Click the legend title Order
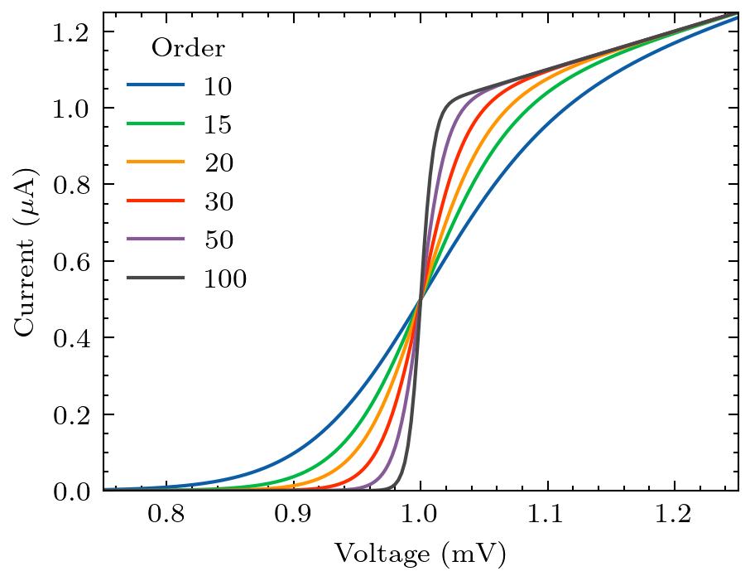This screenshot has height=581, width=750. point(188,49)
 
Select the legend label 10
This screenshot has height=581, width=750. point(219,86)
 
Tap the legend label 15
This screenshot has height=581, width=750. point(219,125)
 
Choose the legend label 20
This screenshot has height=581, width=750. point(219,163)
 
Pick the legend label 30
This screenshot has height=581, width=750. point(219,202)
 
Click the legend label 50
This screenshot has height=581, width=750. point(219,240)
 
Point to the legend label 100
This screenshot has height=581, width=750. point(225,279)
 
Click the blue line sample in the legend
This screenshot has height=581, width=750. point(156,85)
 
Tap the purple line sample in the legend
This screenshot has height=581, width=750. point(156,240)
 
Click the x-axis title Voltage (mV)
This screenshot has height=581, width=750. point(420,554)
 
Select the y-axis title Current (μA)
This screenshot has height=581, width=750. point(26,252)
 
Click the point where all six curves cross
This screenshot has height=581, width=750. point(421,299)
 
